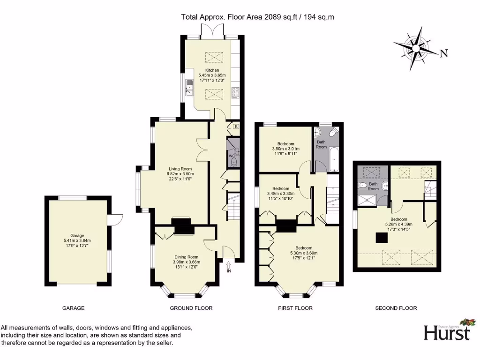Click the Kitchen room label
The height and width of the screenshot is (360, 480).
212,70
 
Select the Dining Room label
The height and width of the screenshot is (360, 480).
186,257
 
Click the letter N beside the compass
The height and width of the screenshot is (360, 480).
443,53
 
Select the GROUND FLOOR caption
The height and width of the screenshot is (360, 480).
191,308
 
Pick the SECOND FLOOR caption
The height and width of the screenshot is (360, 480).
396,308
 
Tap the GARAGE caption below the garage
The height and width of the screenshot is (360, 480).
74,308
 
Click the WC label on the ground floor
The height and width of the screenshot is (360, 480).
231,156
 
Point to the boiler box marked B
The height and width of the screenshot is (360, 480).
236,127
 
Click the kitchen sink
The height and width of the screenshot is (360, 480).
189,87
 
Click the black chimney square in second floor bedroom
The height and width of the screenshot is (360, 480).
381,238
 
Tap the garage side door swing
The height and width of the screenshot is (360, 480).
116,219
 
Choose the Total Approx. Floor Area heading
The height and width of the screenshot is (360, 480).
257,17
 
